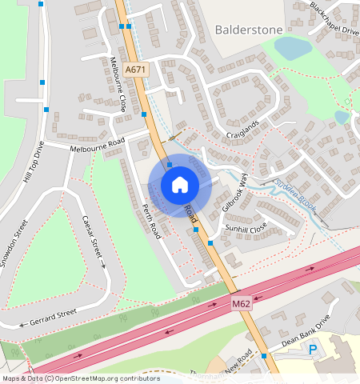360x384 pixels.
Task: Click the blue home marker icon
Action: click(x=180, y=185)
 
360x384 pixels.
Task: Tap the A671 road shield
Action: click(x=136, y=70)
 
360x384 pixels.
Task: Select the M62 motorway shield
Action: click(x=242, y=304)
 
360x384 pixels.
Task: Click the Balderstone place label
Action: click(x=249, y=30)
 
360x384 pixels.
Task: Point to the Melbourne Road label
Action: click(x=97, y=145)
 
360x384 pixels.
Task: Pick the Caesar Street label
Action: click(x=93, y=241)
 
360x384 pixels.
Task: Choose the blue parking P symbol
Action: click(x=313, y=350)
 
